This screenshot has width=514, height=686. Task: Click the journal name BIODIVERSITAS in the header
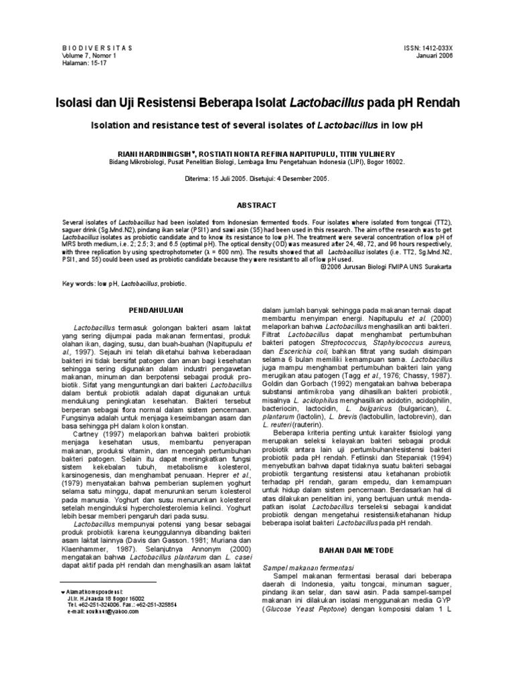tap(96, 48)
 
